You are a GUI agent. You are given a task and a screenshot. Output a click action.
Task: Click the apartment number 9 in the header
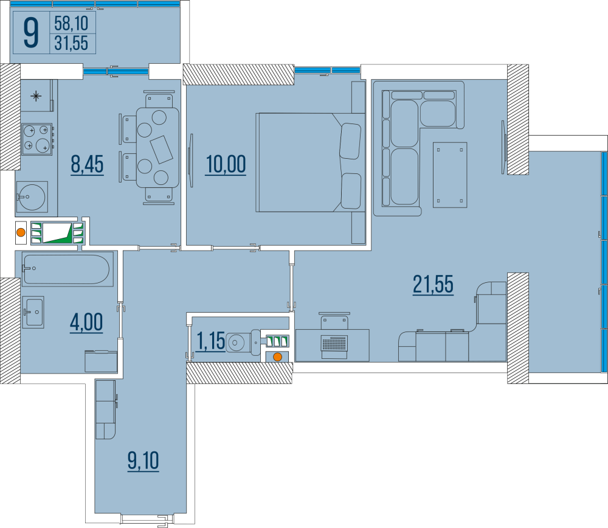[x=31, y=32]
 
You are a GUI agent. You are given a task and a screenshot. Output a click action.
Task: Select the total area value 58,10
[x=71, y=24]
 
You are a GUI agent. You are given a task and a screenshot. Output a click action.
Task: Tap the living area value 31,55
[x=71, y=43]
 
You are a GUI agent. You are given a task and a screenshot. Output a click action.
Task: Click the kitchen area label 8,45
[x=88, y=164]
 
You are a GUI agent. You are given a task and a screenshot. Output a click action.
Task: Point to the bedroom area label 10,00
[x=226, y=164]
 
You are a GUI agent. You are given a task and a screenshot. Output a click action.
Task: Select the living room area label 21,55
[x=433, y=284]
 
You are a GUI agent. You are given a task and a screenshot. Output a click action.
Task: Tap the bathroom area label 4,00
[x=86, y=322]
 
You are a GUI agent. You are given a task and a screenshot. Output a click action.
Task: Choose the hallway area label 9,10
[x=143, y=460]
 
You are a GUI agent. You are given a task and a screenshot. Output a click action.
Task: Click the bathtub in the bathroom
[x=67, y=268]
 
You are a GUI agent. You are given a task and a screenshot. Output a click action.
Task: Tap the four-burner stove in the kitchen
[x=36, y=138]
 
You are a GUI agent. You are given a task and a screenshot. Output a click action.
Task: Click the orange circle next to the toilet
[x=277, y=357]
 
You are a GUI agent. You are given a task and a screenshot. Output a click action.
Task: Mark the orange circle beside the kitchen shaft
[x=21, y=232]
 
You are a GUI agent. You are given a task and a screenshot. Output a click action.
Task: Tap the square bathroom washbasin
[x=33, y=313]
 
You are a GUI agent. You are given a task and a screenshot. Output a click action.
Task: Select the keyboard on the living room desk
[x=334, y=344]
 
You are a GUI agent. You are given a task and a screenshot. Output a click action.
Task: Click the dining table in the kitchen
[x=157, y=147]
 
